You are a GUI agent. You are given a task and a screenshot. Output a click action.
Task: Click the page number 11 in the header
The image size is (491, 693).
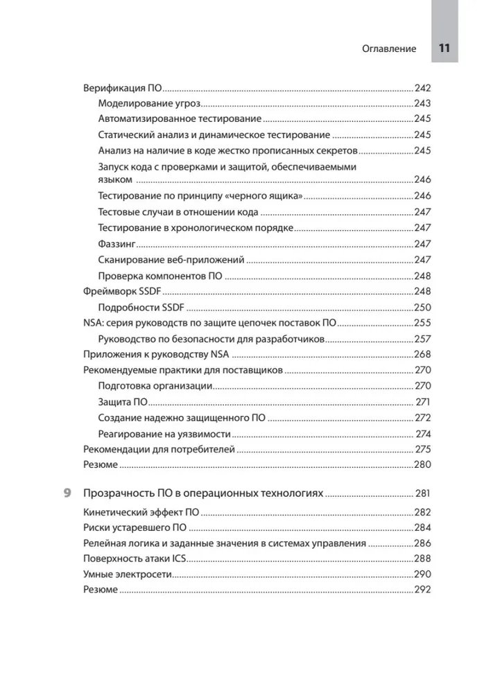pyautogui.click(x=445, y=49)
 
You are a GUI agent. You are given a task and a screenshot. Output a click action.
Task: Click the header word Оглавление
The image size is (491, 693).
pyautogui.click(x=389, y=49)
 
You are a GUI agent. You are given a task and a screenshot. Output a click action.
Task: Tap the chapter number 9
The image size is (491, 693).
pyautogui.click(x=67, y=493)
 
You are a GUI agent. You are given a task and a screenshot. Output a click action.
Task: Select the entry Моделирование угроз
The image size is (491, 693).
pyautogui.click(x=149, y=103)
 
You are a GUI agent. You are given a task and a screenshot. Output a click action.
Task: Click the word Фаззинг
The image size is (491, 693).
pyautogui.click(x=116, y=244)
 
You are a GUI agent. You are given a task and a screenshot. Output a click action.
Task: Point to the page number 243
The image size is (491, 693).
pyautogui.click(x=422, y=103)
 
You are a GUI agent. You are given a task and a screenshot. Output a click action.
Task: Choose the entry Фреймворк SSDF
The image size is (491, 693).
pyautogui.click(x=121, y=292)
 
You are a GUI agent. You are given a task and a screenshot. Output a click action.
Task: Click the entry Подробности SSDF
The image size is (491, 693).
pyautogui.click(x=142, y=308)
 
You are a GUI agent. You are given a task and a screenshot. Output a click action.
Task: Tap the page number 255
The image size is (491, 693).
pyautogui.click(x=422, y=323)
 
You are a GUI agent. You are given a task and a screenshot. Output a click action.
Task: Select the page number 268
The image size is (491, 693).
pyautogui.click(x=422, y=354)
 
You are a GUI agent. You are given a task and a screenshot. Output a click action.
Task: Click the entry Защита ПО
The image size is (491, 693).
pyautogui.click(x=123, y=402)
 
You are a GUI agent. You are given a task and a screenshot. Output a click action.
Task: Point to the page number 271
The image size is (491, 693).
pyautogui.click(x=423, y=402)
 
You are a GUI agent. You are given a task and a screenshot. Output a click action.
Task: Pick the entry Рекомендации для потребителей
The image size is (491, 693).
pyautogui.click(x=159, y=449)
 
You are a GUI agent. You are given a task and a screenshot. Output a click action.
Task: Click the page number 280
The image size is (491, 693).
pyautogui.click(x=422, y=465)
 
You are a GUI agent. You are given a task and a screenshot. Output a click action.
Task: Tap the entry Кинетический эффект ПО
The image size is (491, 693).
pyautogui.click(x=141, y=512)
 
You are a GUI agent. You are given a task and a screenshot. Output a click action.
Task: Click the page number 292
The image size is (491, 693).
pyautogui.click(x=422, y=590)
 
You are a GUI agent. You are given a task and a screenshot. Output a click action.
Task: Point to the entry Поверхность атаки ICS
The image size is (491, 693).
pyautogui.click(x=135, y=559)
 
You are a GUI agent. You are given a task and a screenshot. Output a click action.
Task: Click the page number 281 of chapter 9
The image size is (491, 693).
pyautogui.click(x=423, y=494)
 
